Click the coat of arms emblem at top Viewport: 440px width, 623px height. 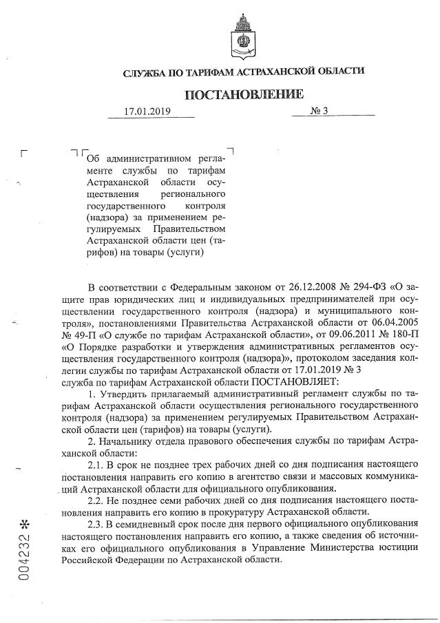coord(242,37)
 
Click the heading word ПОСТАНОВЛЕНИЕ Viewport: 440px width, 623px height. coord(243,94)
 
